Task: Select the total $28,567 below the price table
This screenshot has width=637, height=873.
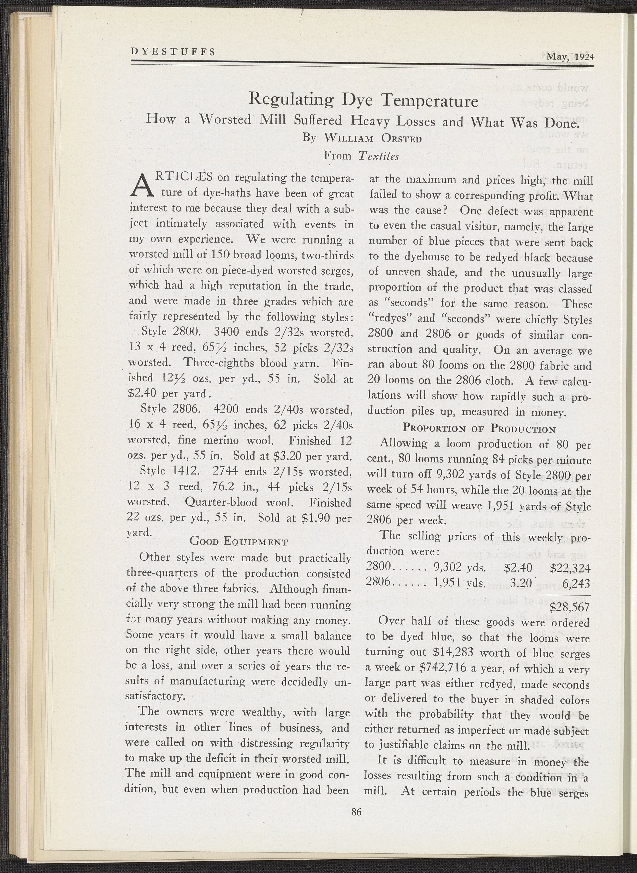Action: [569, 608]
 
